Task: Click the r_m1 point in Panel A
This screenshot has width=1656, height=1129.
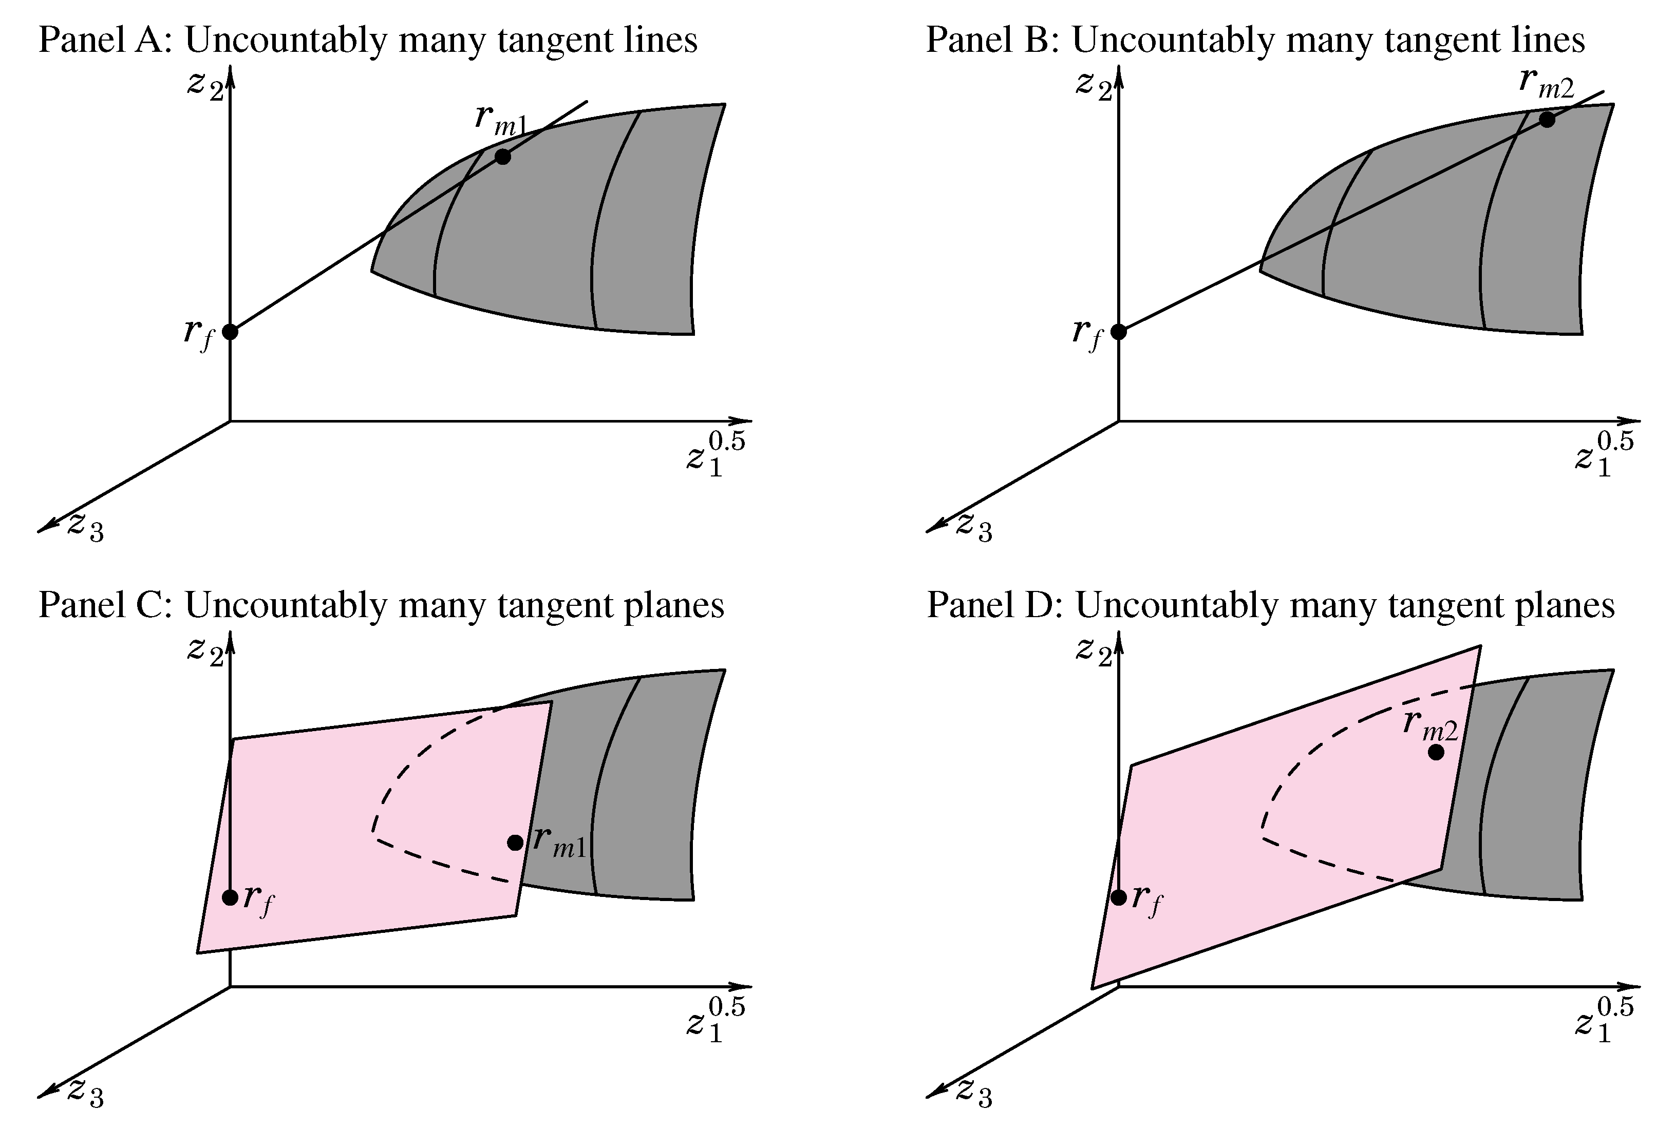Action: [x=503, y=157]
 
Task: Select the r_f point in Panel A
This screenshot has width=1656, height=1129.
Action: [x=230, y=331]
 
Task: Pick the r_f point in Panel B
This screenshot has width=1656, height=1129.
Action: [x=1119, y=331]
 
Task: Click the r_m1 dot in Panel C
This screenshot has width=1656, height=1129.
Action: [x=515, y=843]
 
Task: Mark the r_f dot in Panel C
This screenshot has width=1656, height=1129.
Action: [x=230, y=897]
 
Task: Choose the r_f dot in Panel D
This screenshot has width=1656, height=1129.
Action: [x=1119, y=897]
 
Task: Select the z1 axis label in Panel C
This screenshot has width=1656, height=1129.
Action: [x=714, y=1023]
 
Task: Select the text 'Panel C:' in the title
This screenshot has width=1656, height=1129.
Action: [x=105, y=605]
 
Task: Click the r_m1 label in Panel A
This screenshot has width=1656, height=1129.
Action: [x=500, y=120]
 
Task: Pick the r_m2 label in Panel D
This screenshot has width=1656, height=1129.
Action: [x=1430, y=725]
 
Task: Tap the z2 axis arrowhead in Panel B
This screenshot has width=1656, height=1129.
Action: [x=1119, y=74]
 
